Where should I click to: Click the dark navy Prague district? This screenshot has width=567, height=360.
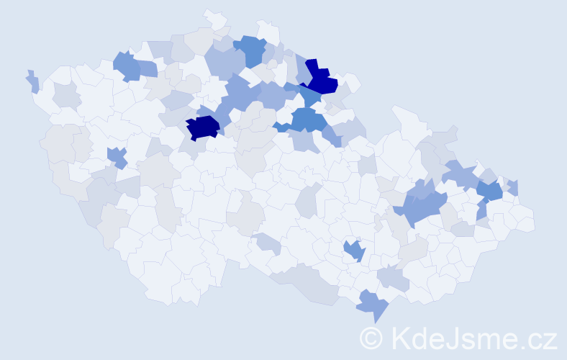(x=202, y=127)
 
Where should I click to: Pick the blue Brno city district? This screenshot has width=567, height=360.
(x=354, y=251)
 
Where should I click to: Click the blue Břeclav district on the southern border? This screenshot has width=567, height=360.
(x=374, y=304)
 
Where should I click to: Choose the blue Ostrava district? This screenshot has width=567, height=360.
(x=490, y=191)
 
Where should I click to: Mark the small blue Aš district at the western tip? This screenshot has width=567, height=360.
(x=32, y=81)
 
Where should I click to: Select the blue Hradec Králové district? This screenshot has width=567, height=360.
(x=305, y=120)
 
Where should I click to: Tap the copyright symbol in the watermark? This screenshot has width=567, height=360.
(x=371, y=338)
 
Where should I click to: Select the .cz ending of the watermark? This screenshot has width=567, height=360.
(x=539, y=338)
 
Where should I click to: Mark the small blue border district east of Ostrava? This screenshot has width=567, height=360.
(x=513, y=188)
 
